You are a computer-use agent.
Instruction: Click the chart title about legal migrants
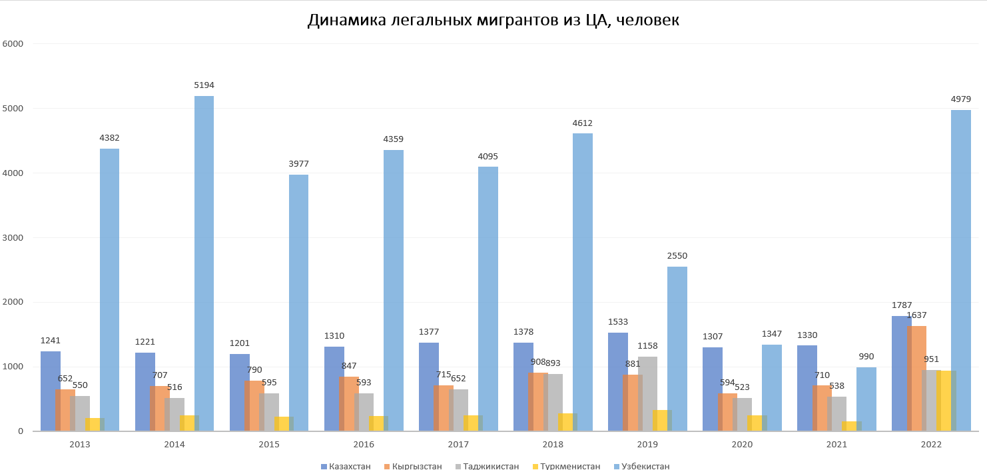[493, 21]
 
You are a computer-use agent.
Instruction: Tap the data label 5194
[204, 85]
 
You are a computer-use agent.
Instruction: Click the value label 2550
[677, 256]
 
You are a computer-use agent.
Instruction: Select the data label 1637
[916, 315]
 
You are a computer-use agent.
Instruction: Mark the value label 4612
[582, 123]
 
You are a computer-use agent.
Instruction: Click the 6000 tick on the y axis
[13, 44]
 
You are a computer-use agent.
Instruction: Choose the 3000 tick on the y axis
[13, 237]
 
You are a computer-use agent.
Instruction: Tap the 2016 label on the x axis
[364, 444]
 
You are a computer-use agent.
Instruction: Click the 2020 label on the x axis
[742, 444]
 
